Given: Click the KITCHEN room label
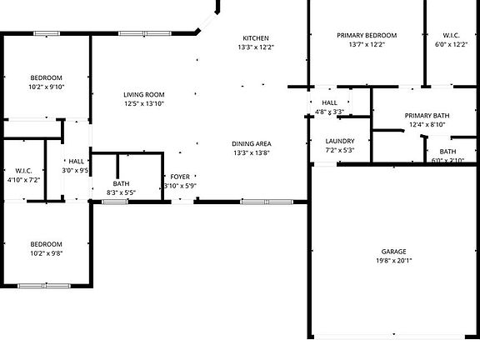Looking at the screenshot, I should [256, 38].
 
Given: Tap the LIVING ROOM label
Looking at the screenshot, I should [144, 95].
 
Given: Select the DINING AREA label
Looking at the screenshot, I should [252, 143].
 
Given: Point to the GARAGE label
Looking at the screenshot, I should [393, 250].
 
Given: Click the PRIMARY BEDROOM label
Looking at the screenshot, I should [367, 35].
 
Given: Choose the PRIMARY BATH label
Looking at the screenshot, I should [427, 115].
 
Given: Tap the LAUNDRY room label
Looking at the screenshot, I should [340, 141].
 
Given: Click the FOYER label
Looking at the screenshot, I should [180, 177].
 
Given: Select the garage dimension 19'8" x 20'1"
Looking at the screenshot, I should [393, 260].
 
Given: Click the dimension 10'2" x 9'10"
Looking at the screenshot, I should [47, 86].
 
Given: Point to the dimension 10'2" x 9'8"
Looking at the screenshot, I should [47, 253].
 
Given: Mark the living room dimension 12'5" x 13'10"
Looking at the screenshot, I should [144, 104].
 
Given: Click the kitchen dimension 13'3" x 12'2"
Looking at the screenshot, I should [256, 47].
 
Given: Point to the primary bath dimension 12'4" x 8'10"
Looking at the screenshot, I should [427, 124].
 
